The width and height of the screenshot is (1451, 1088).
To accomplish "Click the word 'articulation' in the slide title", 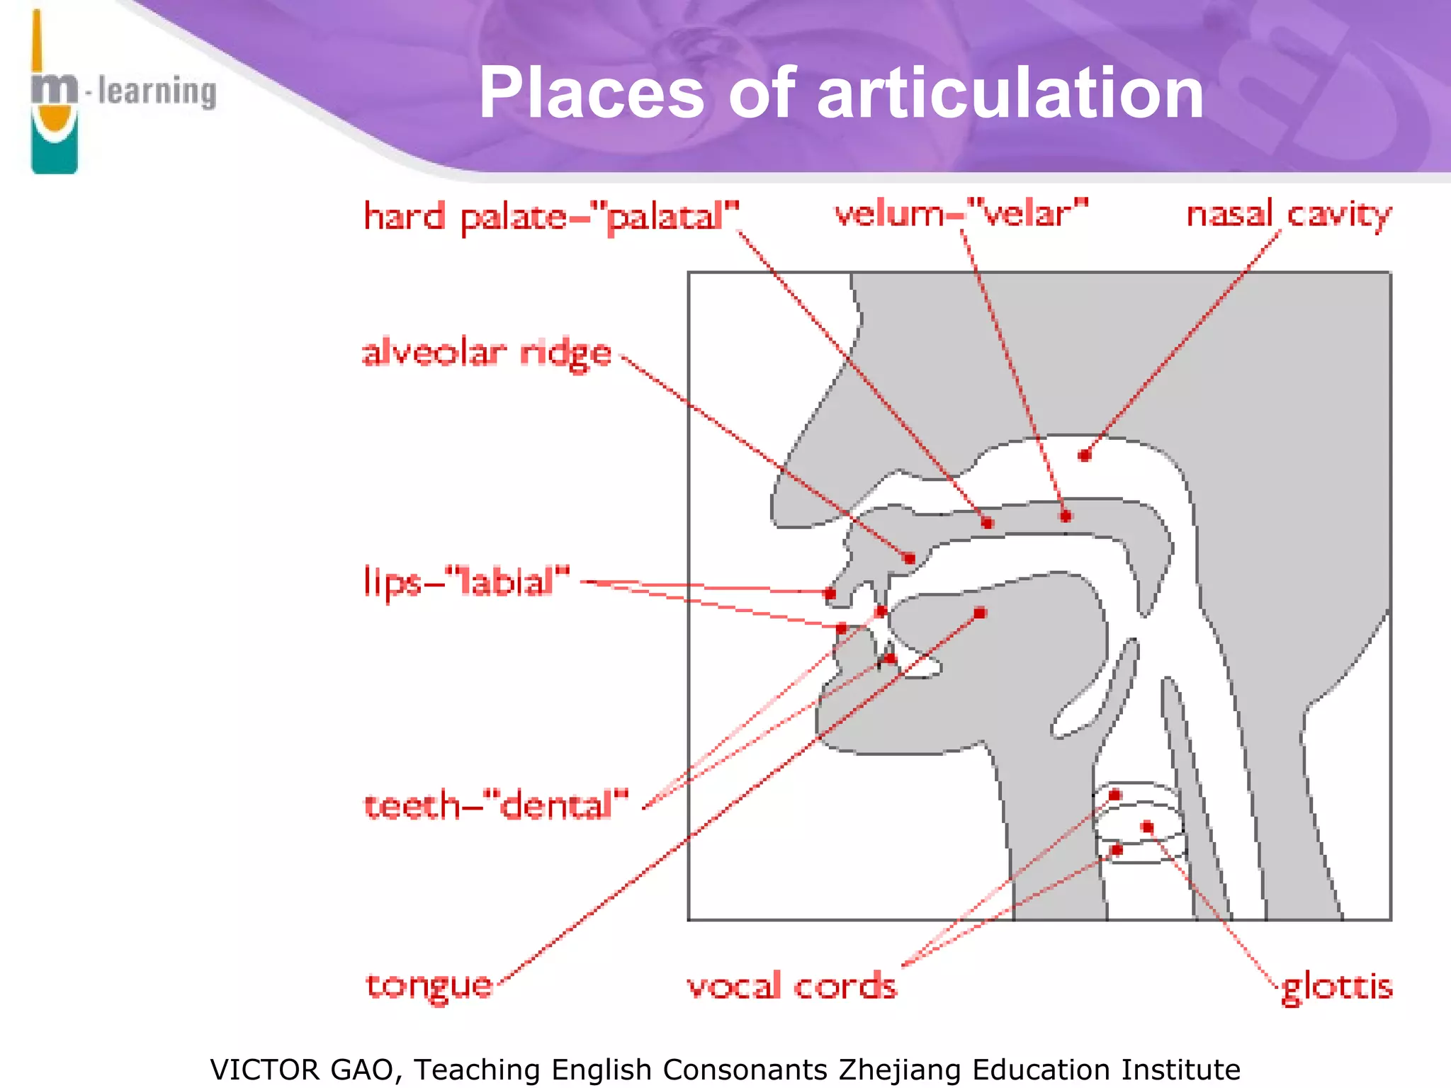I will (1010, 93).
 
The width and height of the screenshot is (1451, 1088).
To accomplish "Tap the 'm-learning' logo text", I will (125, 91).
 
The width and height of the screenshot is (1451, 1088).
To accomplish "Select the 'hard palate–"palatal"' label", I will (551, 216).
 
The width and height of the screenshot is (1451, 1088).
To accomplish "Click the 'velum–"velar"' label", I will (961, 213).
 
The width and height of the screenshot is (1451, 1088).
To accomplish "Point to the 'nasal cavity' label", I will (1289, 214).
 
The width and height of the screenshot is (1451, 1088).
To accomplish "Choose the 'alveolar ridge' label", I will (487, 353).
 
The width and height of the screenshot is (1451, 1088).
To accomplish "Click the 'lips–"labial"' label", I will (466, 582).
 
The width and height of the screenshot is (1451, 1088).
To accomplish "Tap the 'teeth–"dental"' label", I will (496, 806).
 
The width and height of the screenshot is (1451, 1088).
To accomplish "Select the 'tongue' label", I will (429, 985).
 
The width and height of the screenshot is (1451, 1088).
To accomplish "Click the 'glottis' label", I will (1337, 986).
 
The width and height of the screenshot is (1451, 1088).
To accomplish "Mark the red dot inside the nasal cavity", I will (1084, 455).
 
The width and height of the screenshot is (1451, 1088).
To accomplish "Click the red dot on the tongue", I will (980, 613).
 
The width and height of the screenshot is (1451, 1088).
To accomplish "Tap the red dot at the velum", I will (1066, 516).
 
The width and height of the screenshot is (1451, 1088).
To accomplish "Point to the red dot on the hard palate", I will (988, 523).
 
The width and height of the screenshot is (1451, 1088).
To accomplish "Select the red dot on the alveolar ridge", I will (910, 559).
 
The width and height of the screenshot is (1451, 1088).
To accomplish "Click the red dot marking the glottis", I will (1148, 827).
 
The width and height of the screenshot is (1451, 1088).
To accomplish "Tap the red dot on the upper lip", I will (830, 594).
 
